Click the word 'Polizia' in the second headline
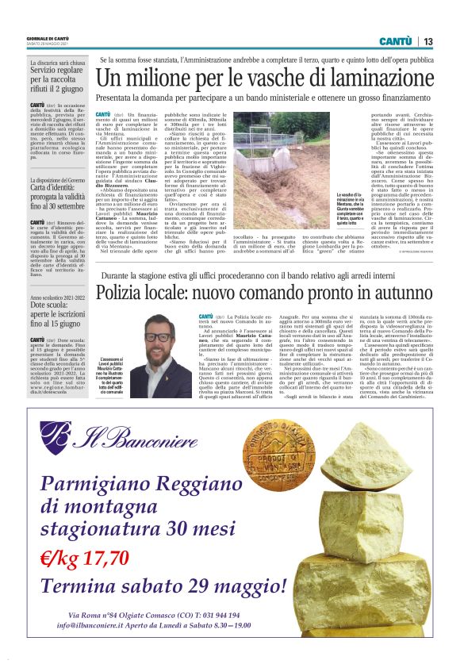point(125,294)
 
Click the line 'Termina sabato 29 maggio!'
point(163,586)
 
